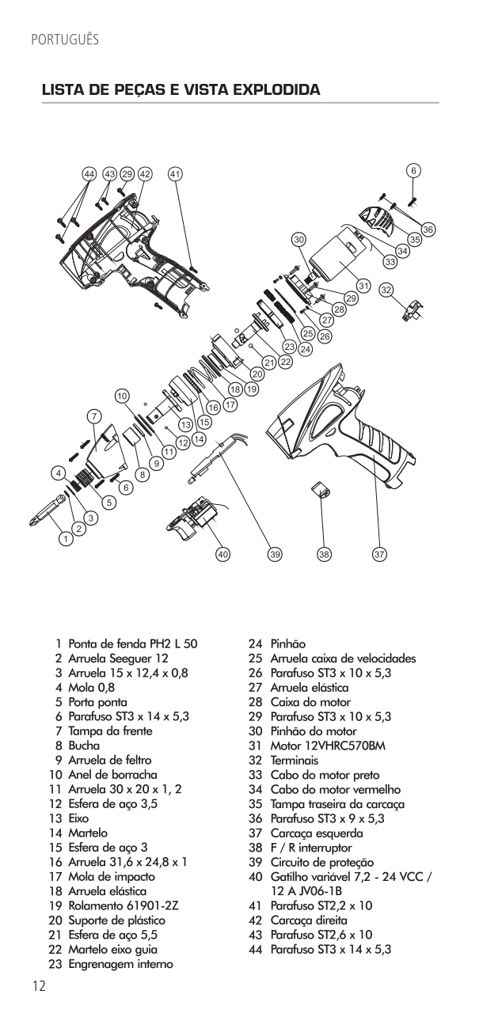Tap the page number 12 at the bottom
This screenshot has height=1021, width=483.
(39, 985)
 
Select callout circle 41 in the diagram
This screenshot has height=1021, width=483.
(175, 173)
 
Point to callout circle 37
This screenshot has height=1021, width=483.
(379, 555)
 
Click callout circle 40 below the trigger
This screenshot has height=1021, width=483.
(224, 555)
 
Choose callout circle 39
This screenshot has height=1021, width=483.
(275, 555)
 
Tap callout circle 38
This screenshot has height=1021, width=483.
(324, 555)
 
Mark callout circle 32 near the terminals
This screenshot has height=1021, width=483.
(386, 290)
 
